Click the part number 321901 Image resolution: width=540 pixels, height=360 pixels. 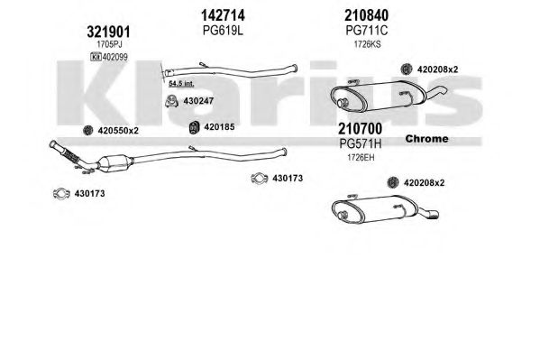(x=108, y=32)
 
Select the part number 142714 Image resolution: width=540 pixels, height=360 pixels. (x=223, y=15)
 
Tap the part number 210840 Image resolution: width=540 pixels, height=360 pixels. (x=366, y=15)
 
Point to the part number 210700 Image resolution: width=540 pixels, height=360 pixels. (x=360, y=129)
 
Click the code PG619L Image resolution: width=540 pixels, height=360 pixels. (x=223, y=31)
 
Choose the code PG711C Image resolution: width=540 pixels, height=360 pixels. (x=366, y=31)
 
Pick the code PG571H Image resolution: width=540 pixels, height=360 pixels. (x=361, y=143)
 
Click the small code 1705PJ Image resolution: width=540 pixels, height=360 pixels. (x=109, y=44)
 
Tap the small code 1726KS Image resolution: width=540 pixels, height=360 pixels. (x=368, y=44)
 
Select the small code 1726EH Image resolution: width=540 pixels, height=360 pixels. (x=361, y=158)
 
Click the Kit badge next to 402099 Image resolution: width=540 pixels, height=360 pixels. (x=96, y=57)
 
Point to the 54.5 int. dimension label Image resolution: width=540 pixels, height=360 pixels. (x=181, y=83)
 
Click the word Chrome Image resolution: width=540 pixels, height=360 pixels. (x=426, y=139)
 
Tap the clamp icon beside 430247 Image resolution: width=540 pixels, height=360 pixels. (x=171, y=101)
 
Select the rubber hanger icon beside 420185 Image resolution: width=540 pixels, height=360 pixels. (x=194, y=127)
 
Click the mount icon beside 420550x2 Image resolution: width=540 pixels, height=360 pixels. (x=88, y=130)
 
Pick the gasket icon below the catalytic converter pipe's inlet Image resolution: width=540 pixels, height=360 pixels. (x=61, y=193)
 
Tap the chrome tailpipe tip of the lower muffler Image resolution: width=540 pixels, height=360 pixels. (x=432, y=215)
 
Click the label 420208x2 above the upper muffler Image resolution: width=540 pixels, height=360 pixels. (x=437, y=69)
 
